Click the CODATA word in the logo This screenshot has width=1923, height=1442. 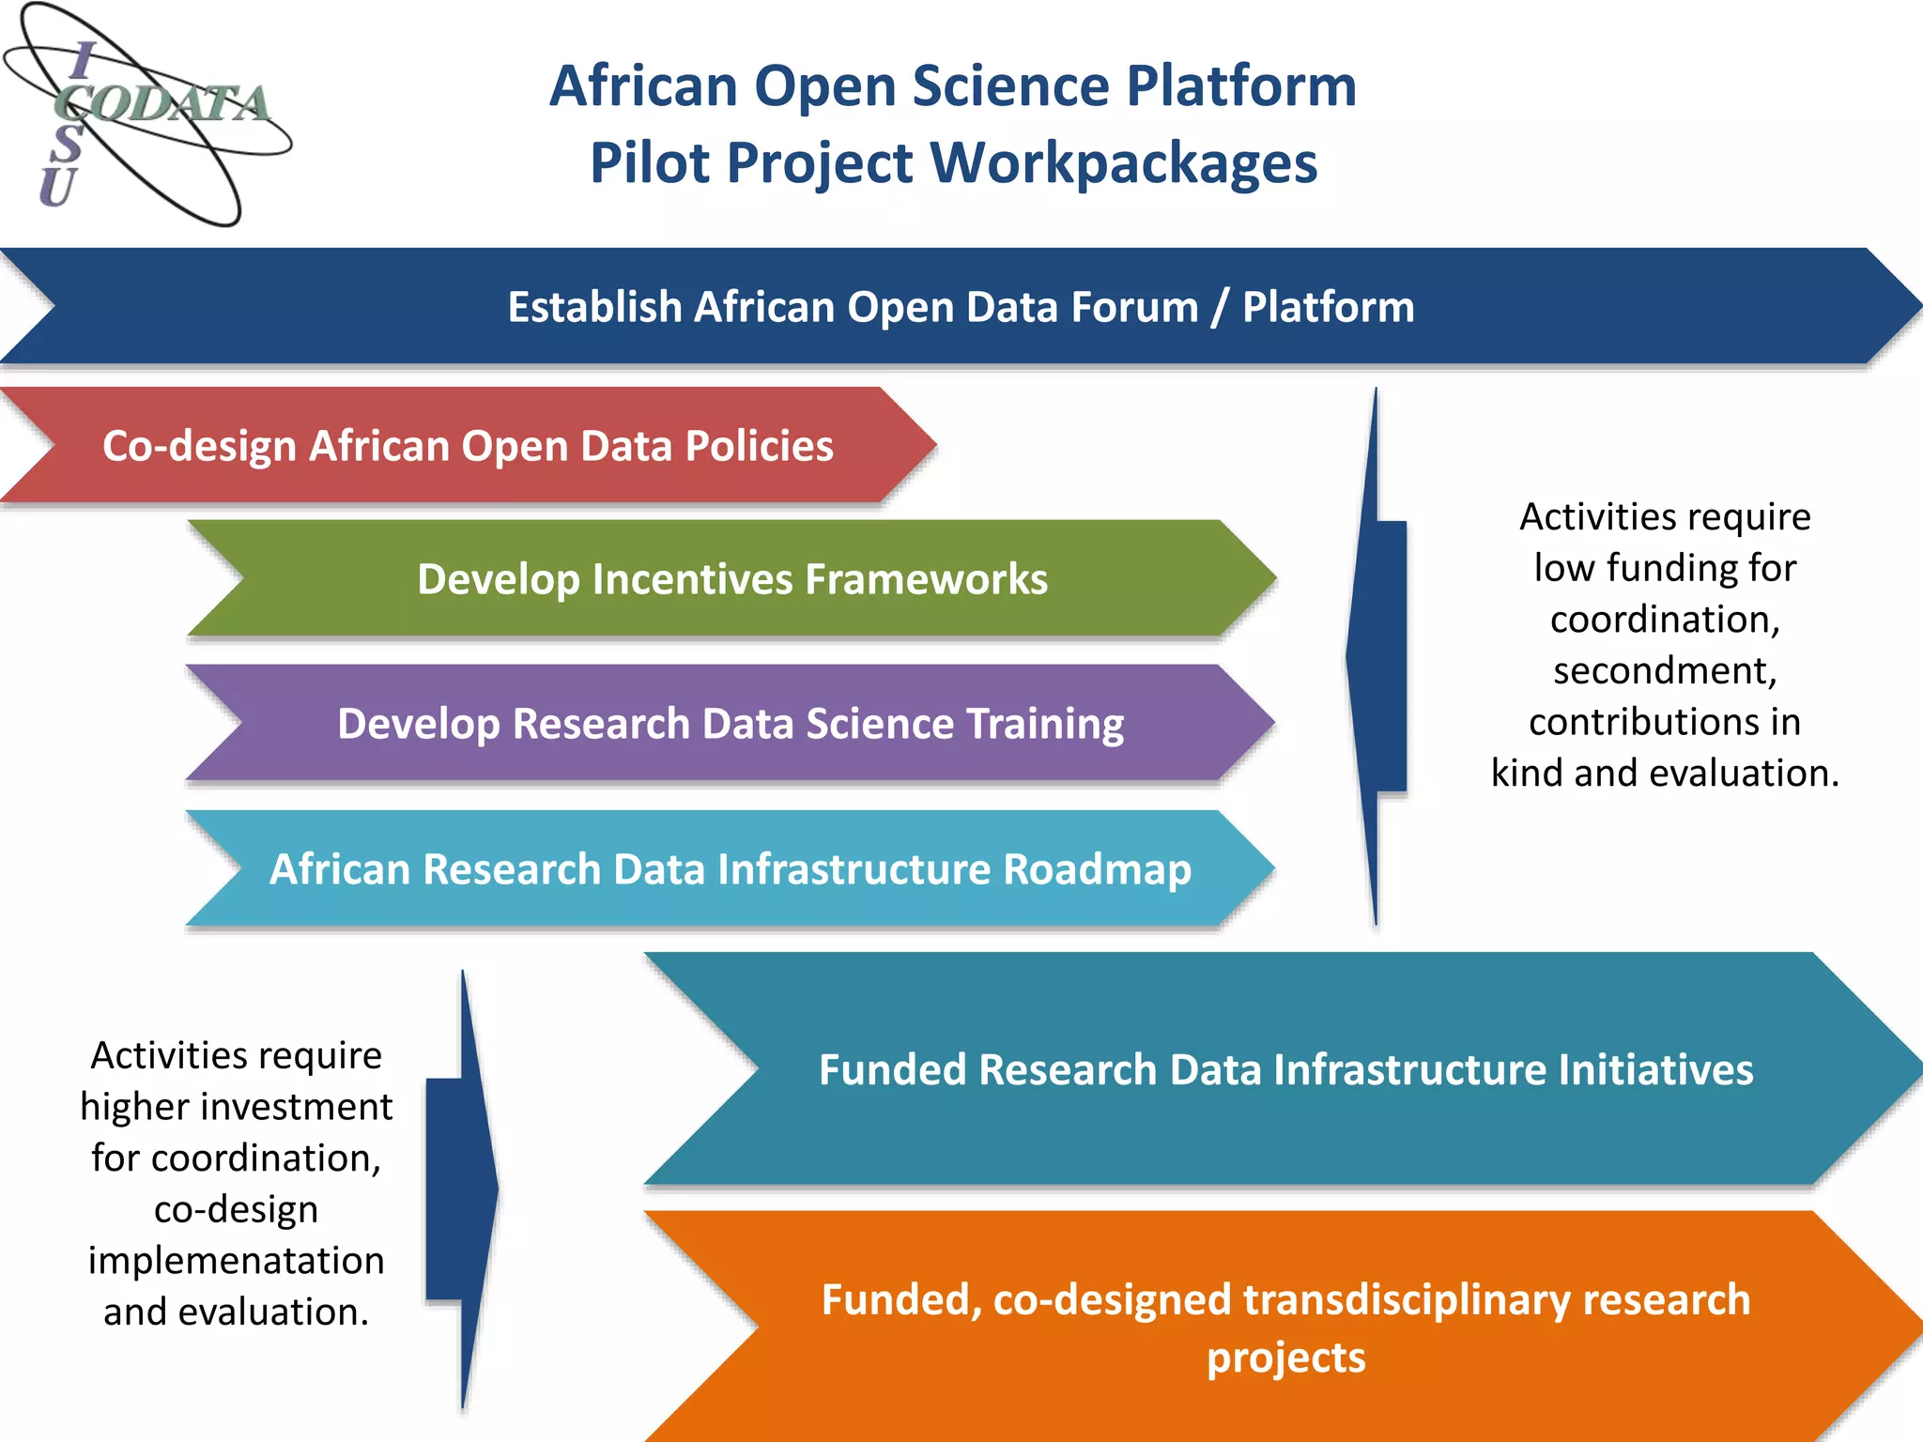click(164, 103)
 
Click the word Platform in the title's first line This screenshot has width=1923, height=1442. click(1240, 85)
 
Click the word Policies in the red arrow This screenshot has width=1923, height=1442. click(759, 446)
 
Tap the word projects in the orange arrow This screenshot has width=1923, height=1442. click(1285, 1358)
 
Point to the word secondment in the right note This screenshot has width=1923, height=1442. click(1664, 671)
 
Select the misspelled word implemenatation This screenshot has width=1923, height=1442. click(237, 1261)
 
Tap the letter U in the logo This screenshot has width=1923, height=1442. click(56, 188)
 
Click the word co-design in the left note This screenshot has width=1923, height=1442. click(237, 1209)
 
